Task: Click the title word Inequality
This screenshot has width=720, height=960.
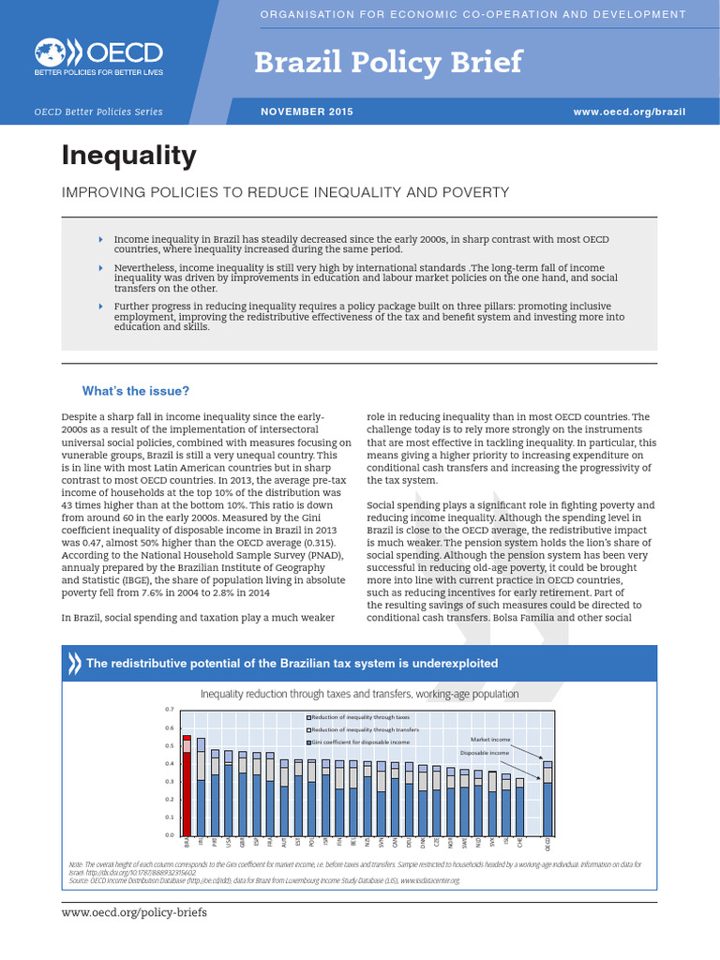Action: [x=128, y=155]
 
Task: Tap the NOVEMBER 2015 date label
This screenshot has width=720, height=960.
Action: [x=306, y=112]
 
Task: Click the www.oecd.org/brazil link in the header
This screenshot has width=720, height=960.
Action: [x=629, y=112]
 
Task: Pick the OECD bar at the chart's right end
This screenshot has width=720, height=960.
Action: [x=548, y=798]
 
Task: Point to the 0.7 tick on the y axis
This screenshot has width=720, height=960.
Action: [x=170, y=710]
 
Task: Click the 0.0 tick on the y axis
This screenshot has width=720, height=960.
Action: [x=170, y=835]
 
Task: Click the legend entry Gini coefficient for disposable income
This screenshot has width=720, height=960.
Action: [x=360, y=742]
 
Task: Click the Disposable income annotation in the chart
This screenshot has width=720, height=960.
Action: [x=485, y=753]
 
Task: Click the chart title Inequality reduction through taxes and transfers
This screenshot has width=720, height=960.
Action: [x=360, y=694]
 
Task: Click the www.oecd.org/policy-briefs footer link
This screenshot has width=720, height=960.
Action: [x=134, y=912]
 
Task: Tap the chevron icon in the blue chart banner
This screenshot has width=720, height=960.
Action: [x=74, y=663]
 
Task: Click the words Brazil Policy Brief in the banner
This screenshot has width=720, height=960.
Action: [x=388, y=62]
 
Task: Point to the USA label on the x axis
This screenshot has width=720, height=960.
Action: [x=229, y=843]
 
